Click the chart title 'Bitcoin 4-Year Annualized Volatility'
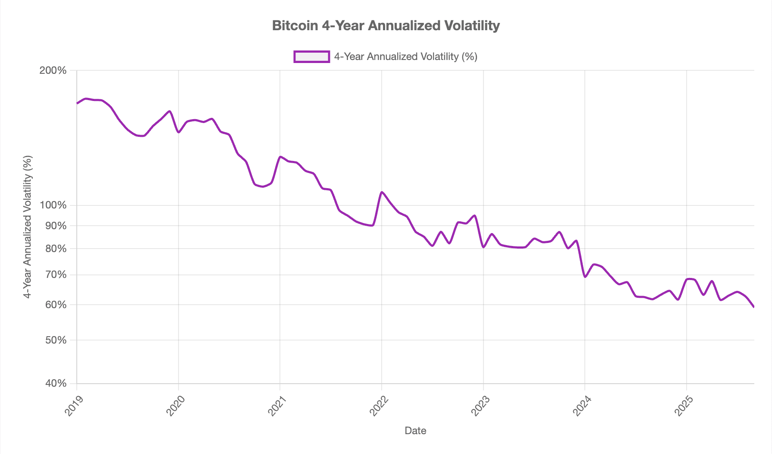[x=386, y=26]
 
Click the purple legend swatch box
[x=311, y=57]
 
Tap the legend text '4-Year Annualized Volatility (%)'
[x=405, y=57]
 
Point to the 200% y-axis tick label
[x=53, y=70]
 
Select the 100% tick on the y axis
[x=53, y=205]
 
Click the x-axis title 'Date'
[x=415, y=431]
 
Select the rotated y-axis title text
[x=28, y=227]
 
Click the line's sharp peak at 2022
[x=382, y=192]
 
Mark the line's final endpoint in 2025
[x=753, y=307]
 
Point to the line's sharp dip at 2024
[x=585, y=277]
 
